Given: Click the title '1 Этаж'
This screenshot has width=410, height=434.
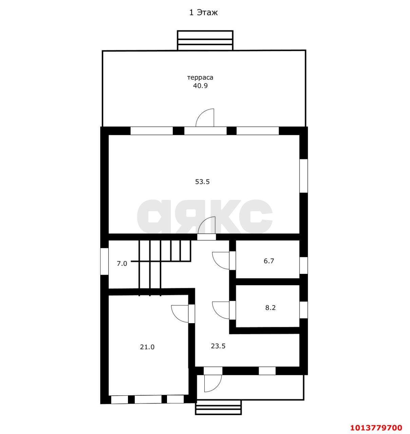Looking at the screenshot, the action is [203, 13].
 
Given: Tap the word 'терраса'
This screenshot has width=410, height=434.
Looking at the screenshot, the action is [200, 78].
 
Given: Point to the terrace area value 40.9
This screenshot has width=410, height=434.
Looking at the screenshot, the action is [200, 86].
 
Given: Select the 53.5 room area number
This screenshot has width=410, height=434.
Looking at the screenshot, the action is [202, 182].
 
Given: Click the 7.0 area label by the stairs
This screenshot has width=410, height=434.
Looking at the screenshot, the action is [122, 263].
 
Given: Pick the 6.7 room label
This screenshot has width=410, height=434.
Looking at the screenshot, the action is [269, 261].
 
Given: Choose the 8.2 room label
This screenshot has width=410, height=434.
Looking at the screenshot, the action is [271, 308].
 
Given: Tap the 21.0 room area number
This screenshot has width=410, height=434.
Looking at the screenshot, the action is [147, 347].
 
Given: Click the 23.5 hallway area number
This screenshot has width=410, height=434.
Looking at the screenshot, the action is [218, 346].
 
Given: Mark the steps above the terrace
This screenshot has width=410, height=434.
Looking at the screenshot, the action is [205, 40].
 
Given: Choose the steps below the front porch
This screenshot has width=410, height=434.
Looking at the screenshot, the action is [219, 407].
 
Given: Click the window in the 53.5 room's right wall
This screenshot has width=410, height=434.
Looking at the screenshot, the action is [303, 176].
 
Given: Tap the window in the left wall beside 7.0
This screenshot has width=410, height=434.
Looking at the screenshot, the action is [104, 261].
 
